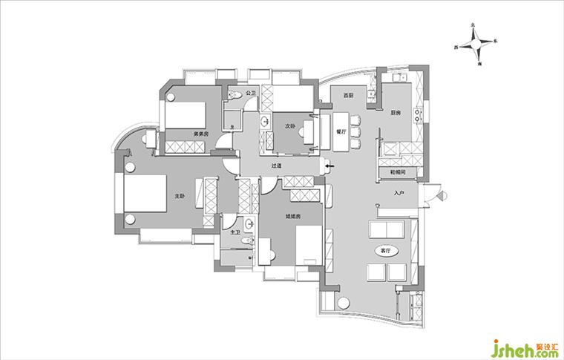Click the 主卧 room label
pos(180,196)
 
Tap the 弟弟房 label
pos(200,134)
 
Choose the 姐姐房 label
pos(292,217)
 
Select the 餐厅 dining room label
pos(341,130)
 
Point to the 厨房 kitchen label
pos(396,113)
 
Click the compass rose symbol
pos(475,46)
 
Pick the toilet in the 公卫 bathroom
pos(235,94)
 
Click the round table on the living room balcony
pos(344,302)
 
